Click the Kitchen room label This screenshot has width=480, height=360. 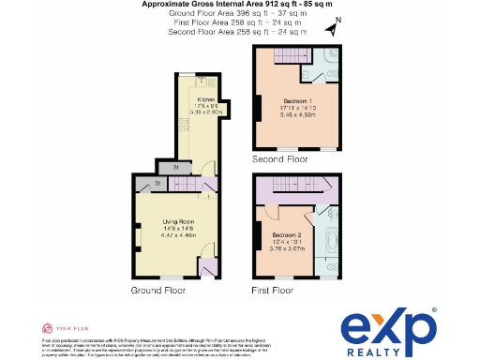(x=206, y=98)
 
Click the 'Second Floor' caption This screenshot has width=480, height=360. (x=279, y=160)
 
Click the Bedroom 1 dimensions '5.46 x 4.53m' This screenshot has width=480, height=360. (x=301, y=115)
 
